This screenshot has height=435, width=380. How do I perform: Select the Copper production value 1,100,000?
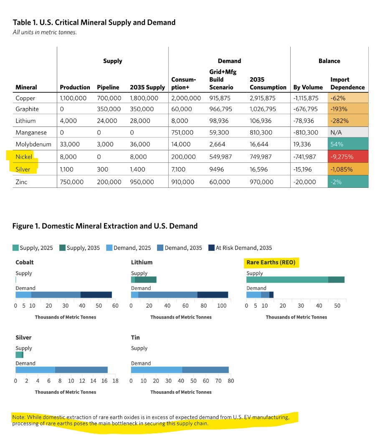pos(74,99)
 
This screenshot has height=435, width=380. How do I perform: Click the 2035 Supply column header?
pos(147,88)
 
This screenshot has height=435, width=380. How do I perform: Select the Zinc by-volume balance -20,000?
pos(306,182)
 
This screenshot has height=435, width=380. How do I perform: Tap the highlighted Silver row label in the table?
pos(24,169)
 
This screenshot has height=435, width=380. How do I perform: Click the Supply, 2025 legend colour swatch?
pos(16,248)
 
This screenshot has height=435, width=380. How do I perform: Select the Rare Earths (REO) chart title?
pos(271,263)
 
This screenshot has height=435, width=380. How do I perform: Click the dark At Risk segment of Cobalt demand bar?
pos(96,295)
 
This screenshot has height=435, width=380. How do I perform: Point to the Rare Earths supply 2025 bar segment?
pos(287,280)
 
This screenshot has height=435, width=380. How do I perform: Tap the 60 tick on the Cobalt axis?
pos(115,306)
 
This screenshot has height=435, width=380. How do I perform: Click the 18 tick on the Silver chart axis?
pos(116,381)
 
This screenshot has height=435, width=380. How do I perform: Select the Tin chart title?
pos(135,338)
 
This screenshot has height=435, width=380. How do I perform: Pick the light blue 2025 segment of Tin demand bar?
pos(157,370)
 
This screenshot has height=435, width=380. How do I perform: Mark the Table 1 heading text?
pos(94,22)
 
